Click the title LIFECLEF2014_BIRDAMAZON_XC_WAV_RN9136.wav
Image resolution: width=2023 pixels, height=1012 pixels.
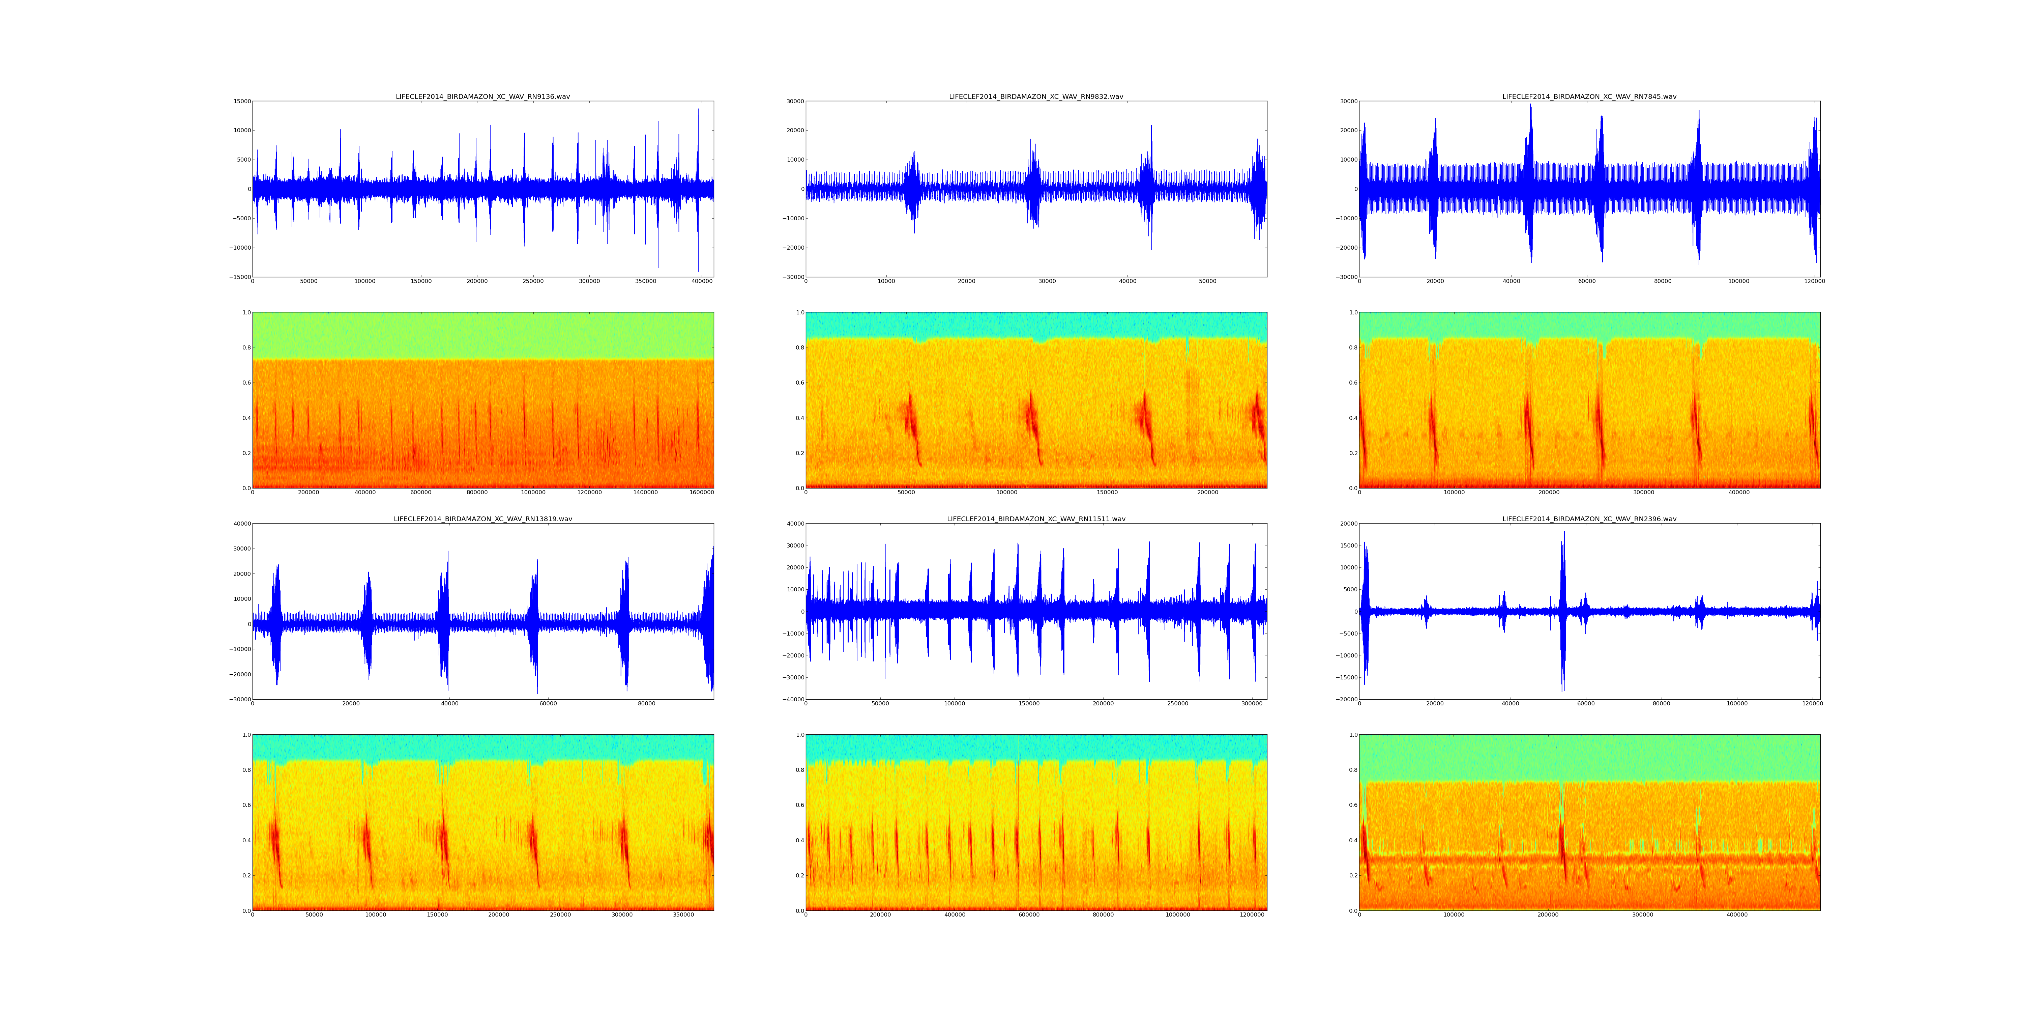(482, 96)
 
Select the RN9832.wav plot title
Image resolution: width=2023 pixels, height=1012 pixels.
(1036, 96)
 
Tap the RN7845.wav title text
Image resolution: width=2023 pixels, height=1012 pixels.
(1589, 96)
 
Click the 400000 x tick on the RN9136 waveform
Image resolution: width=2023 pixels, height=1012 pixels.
(701, 281)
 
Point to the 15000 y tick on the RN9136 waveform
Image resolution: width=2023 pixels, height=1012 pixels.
(241, 101)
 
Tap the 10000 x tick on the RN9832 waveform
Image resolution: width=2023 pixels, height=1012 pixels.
(886, 281)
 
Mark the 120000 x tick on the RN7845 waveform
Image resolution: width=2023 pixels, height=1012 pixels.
(1814, 281)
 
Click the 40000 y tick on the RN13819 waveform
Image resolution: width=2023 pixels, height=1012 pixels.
(241, 523)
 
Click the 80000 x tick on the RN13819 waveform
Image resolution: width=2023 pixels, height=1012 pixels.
(646, 704)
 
